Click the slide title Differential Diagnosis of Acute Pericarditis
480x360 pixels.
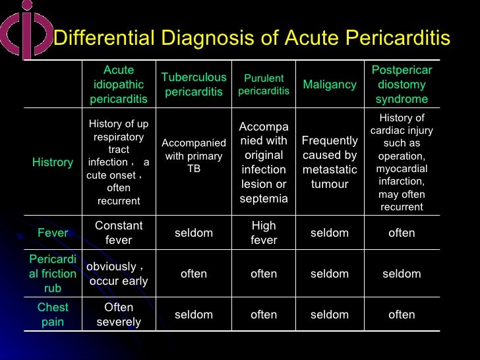pyautogui.click(x=251, y=38)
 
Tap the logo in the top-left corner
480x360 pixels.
pyautogui.click(x=24, y=30)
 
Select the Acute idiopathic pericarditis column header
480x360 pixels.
pyautogui.click(x=119, y=84)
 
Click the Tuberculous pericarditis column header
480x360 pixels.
pyautogui.click(x=194, y=84)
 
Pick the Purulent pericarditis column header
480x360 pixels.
pyautogui.click(x=264, y=84)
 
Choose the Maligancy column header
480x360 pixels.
pyautogui.click(x=330, y=84)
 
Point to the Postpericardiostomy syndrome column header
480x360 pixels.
pyautogui.click(x=402, y=84)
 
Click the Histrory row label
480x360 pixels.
pyautogui.click(x=53, y=162)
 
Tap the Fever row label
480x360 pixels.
pyautogui.click(x=53, y=233)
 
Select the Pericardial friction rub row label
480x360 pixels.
pyautogui.click(x=53, y=274)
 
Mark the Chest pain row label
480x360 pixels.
pyautogui.click(x=53, y=315)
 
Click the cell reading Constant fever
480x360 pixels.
pyautogui.click(x=119, y=233)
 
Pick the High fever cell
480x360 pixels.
pyautogui.click(x=264, y=233)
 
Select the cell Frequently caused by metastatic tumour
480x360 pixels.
pyautogui.click(x=330, y=162)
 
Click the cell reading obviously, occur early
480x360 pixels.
pyautogui.click(x=119, y=274)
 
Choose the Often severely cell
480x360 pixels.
pyautogui.click(x=119, y=315)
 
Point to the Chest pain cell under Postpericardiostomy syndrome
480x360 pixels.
pyautogui.click(x=402, y=315)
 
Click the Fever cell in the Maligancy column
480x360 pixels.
pyautogui.click(x=330, y=233)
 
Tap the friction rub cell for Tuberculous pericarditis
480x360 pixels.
pyautogui.click(x=194, y=274)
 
